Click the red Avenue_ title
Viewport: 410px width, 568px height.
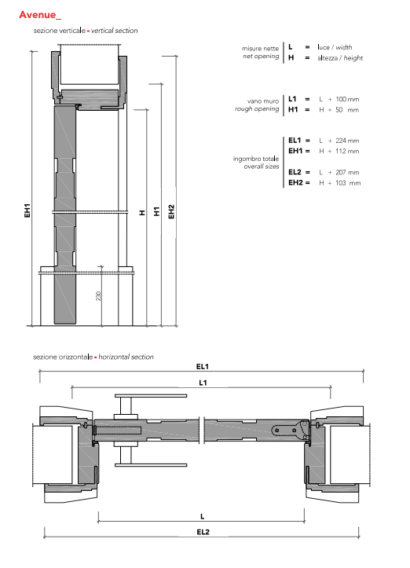tap(40, 15)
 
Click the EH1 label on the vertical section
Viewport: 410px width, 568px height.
tap(27, 211)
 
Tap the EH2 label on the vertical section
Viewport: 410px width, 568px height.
tap(171, 212)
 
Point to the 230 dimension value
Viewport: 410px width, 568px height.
tap(98, 296)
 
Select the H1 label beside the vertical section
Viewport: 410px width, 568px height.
tap(156, 211)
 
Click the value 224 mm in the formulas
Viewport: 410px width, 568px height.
tap(347, 141)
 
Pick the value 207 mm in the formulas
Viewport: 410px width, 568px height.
tap(347, 172)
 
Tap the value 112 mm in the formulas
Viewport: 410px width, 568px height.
tap(347, 151)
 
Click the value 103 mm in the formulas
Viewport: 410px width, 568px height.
tap(348, 183)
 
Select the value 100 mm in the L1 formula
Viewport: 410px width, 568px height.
tap(347, 99)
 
